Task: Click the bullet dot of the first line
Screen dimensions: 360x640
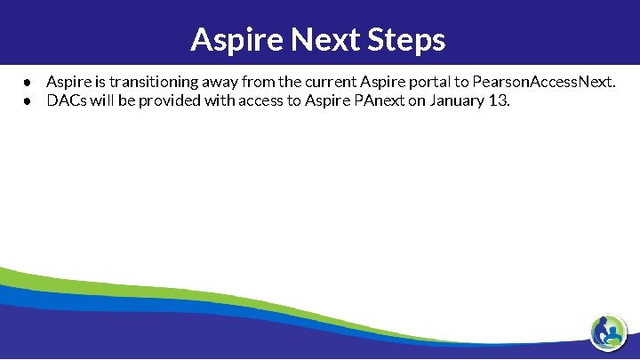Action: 28,83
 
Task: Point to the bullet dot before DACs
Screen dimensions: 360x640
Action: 28,100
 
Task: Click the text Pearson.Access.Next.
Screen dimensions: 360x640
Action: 539,82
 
